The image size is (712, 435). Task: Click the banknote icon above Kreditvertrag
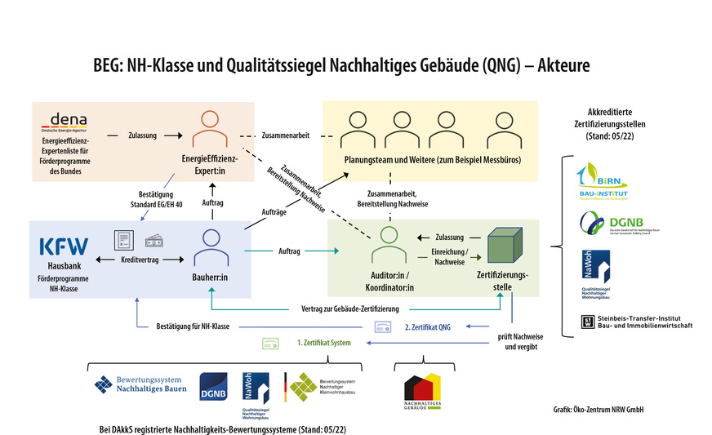tap(154, 242)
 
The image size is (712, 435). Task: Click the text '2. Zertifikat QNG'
tap(428, 326)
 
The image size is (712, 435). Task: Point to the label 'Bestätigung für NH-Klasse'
tap(193, 326)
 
